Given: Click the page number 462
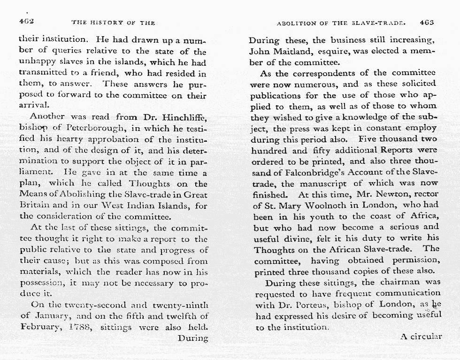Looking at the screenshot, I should [26, 22].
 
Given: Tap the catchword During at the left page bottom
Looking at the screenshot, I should [192, 338].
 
